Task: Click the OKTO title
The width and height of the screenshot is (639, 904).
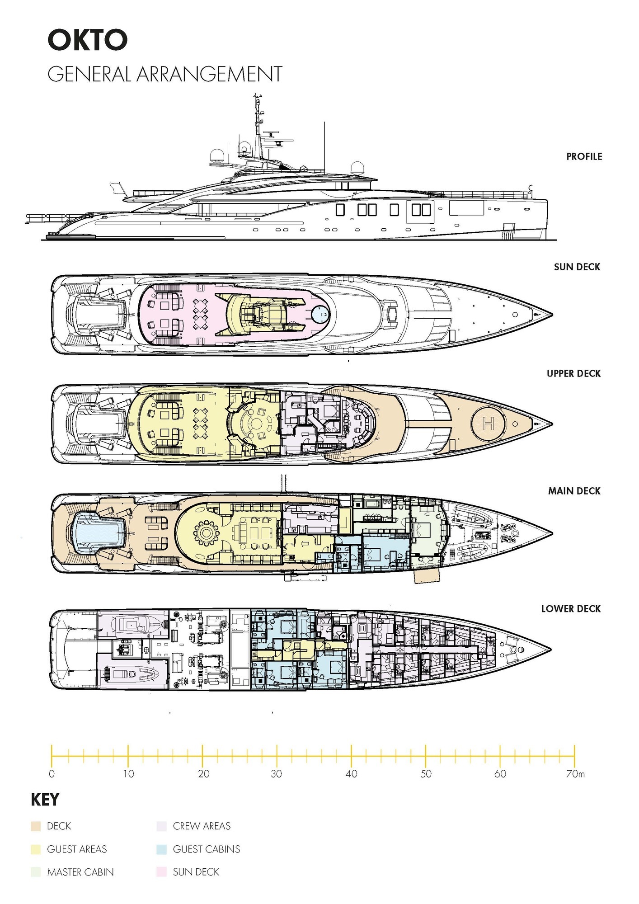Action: (88, 40)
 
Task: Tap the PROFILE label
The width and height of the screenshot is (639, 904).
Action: (584, 156)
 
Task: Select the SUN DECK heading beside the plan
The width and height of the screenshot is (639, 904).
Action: (577, 267)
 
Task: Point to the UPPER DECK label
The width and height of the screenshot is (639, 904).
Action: (573, 373)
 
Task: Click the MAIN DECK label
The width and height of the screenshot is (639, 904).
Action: (574, 491)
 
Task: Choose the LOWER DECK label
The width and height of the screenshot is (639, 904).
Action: (571, 609)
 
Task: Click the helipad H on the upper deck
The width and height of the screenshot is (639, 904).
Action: (488, 424)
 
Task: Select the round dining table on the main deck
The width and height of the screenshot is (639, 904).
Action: (206, 533)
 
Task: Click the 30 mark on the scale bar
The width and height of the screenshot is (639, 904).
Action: (277, 774)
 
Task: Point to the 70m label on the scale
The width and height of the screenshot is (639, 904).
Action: (575, 774)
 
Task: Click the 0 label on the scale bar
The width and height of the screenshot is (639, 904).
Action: (52, 774)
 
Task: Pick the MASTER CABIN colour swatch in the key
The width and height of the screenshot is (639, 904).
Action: (36, 872)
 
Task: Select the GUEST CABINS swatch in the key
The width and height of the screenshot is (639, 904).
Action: (161, 849)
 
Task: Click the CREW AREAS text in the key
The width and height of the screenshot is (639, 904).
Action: (202, 826)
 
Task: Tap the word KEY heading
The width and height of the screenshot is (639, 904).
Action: (45, 800)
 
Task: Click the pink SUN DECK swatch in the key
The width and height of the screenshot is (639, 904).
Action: (161, 872)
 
